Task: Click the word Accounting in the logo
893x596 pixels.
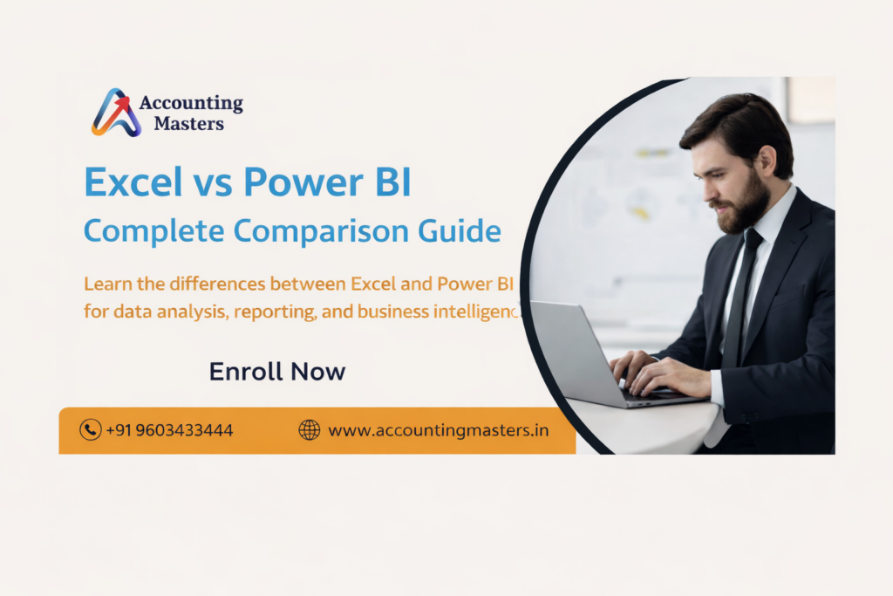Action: pyautogui.click(x=191, y=104)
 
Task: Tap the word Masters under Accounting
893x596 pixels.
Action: pyautogui.click(x=188, y=124)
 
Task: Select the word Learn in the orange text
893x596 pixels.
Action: pyautogui.click(x=105, y=284)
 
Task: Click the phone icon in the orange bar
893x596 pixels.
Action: pyautogui.click(x=90, y=429)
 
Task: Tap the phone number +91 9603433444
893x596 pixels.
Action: pyautogui.click(x=169, y=430)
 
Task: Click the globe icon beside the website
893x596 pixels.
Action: pyautogui.click(x=310, y=429)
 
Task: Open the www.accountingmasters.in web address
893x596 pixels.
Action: pyautogui.click(x=438, y=430)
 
